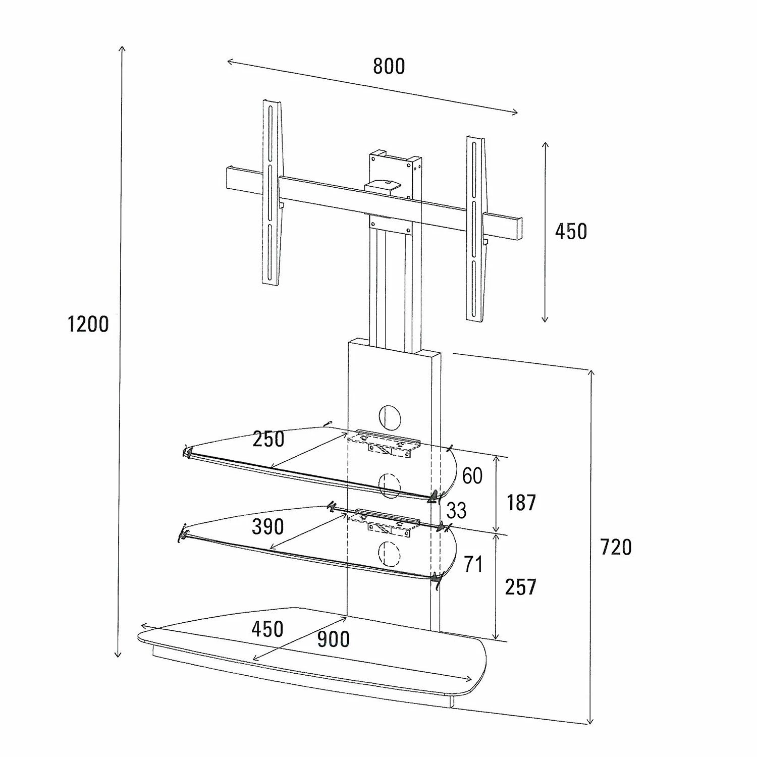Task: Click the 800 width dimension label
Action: [x=389, y=67]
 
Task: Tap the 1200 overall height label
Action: [x=88, y=325]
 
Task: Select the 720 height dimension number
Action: [x=616, y=547]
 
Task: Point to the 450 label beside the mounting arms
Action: [x=571, y=232]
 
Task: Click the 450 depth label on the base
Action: [x=267, y=629]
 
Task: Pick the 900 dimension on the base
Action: [x=333, y=639]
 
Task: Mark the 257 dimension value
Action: [x=520, y=587]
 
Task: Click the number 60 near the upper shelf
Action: [x=472, y=476]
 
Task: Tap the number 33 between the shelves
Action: [x=456, y=511]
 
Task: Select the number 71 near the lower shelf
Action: [x=473, y=564]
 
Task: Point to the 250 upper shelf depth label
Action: [x=268, y=439]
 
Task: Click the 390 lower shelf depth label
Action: [x=267, y=527]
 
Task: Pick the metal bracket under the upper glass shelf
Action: [x=388, y=443]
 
